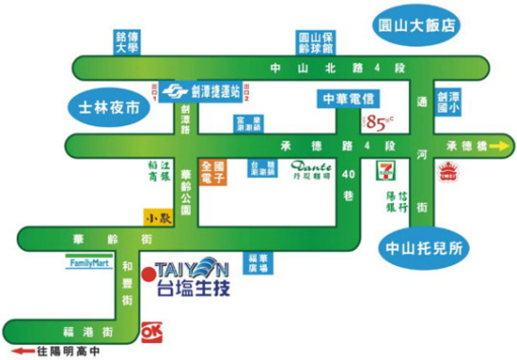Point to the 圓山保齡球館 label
tap(310, 41)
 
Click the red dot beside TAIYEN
tap(149, 276)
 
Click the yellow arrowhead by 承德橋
tap(507, 146)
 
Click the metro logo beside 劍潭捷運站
tap(171, 91)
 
